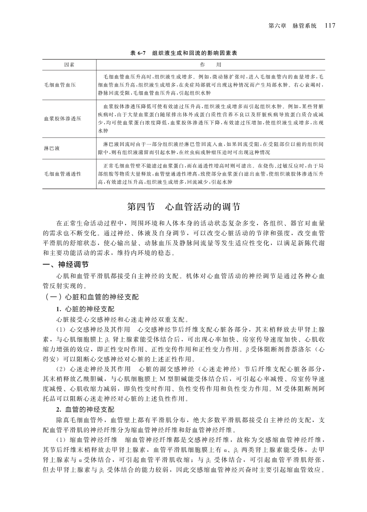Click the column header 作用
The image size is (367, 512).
click(x=210, y=65)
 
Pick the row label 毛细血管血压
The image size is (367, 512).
click(x=60, y=85)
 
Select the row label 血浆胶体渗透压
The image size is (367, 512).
click(x=63, y=119)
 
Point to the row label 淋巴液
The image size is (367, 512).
click(x=52, y=148)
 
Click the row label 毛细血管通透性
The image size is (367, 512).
click(x=63, y=174)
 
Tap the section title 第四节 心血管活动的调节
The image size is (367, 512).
click(x=183, y=207)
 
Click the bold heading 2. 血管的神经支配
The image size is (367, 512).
click(x=85, y=409)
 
